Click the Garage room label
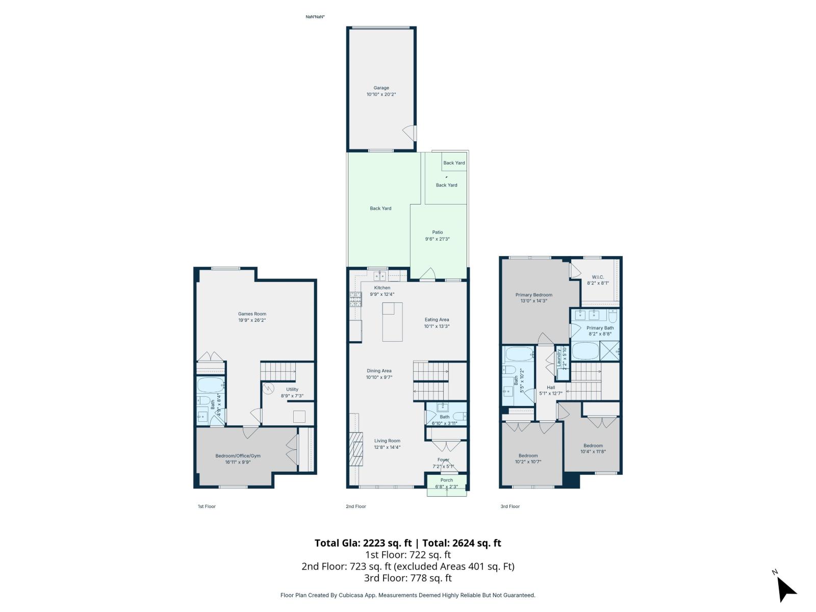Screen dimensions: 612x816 381,88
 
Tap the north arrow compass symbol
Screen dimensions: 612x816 786,590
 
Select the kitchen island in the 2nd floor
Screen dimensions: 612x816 392,322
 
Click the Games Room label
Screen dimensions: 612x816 252,314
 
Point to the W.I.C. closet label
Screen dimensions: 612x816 598,277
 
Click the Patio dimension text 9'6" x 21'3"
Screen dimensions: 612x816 437,239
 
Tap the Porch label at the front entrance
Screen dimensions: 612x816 446,480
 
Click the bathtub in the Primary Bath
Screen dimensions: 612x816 585,351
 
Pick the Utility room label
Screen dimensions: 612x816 292,389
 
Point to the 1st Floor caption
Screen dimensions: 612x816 207,506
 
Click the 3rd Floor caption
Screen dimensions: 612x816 510,506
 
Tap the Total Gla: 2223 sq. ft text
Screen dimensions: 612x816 363,543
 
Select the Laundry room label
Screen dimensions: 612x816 559,358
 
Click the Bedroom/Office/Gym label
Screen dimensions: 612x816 238,456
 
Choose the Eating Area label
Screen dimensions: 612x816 437,320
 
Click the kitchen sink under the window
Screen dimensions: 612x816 379,276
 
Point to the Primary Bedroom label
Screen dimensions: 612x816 533,295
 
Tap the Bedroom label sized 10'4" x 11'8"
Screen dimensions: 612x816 593,445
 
